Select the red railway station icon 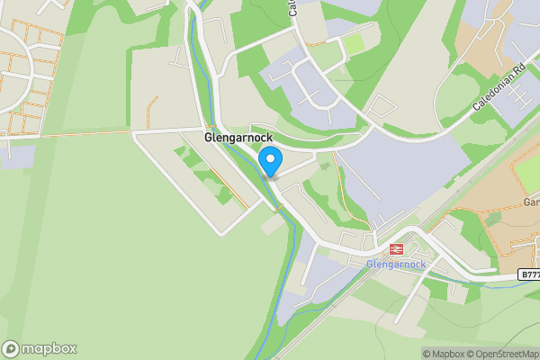(395, 249)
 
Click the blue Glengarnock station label (395, 265)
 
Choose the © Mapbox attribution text (443, 354)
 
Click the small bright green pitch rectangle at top (353, 43)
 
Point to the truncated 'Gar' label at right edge (531, 202)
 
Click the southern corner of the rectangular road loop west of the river (221, 234)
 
